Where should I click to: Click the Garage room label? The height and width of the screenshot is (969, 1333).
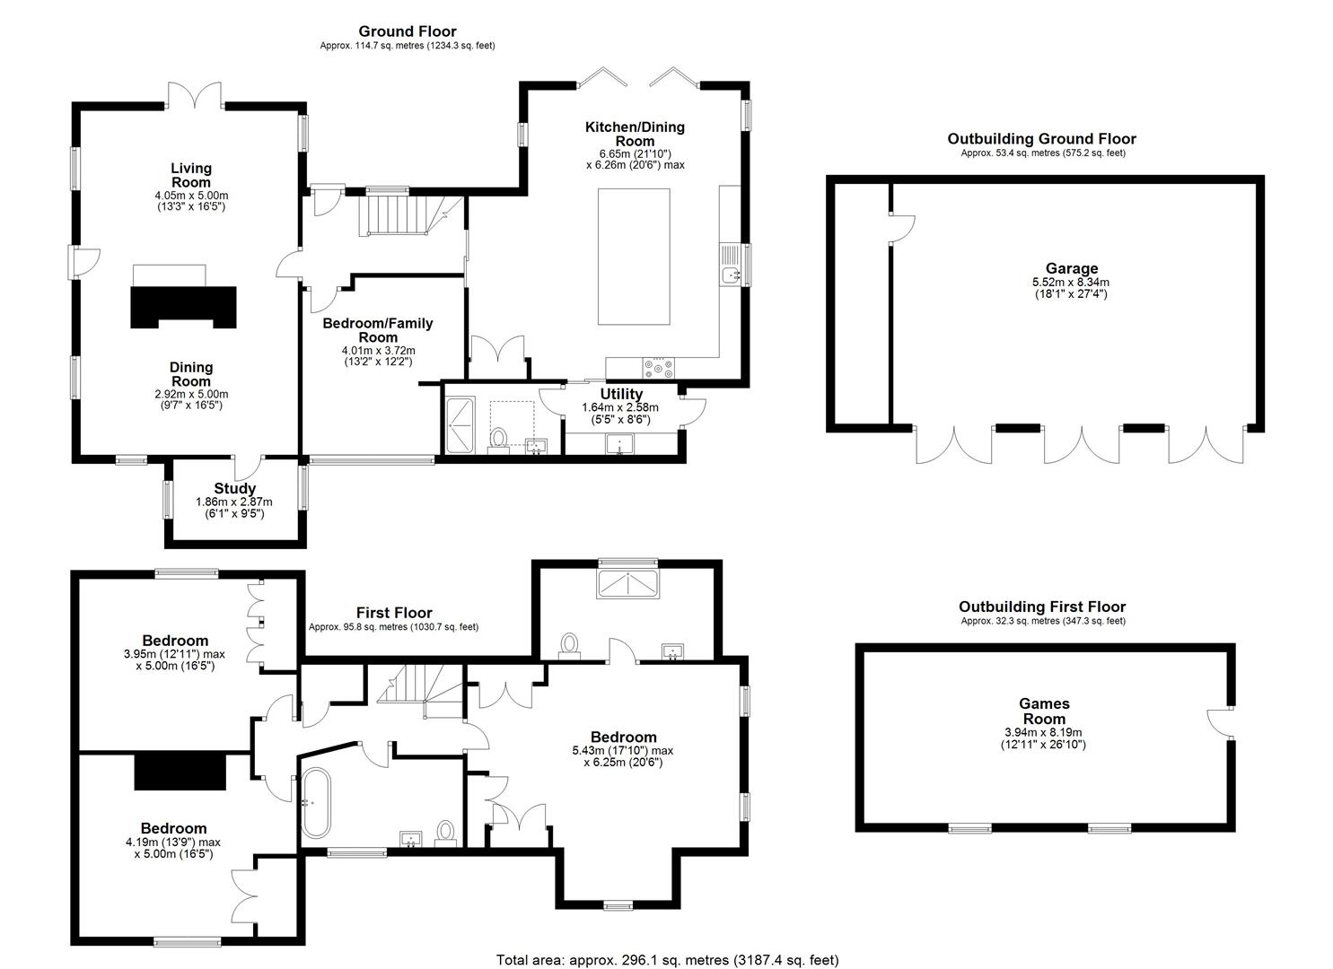pyautogui.click(x=1072, y=268)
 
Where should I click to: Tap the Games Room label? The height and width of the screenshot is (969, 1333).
pyautogui.click(x=1044, y=711)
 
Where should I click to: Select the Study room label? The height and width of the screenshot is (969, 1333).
pyautogui.click(x=235, y=488)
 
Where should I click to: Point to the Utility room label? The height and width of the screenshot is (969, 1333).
pyautogui.click(x=621, y=394)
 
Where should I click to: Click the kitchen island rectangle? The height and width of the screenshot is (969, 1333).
pyautogui.click(x=634, y=257)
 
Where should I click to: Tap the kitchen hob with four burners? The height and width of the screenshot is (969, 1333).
pyautogui.click(x=659, y=368)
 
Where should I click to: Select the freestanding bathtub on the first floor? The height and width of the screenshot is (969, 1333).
pyautogui.click(x=316, y=802)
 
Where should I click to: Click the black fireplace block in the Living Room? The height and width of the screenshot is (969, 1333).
pyautogui.click(x=183, y=307)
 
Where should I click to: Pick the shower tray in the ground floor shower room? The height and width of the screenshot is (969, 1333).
pyautogui.click(x=460, y=421)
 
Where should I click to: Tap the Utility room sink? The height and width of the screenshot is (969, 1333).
pyautogui.click(x=619, y=444)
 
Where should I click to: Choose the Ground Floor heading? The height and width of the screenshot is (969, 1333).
pyautogui.click(x=408, y=31)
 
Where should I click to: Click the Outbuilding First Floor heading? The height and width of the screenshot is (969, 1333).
pyautogui.click(x=1042, y=607)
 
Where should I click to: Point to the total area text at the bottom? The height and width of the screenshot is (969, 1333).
pyautogui.click(x=668, y=959)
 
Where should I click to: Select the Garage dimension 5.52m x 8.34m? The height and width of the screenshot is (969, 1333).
pyautogui.click(x=1071, y=283)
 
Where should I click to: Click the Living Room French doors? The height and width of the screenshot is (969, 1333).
pyautogui.click(x=195, y=96)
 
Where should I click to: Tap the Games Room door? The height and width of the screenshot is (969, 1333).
pyautogui.click(x=1220, y=723)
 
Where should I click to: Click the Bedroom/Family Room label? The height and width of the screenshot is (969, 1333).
pyautogui.click(x=378, y=330)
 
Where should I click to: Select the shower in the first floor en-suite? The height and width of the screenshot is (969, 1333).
pyautogui.click(x=627, y=583)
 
